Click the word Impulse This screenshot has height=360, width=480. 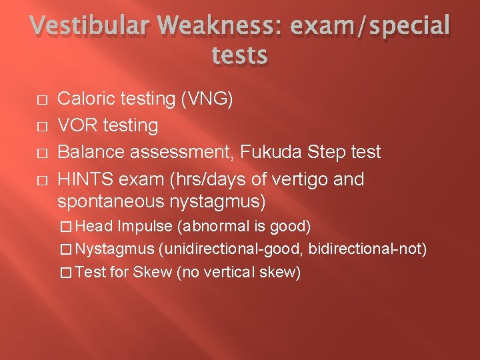click(x=145, y=226)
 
